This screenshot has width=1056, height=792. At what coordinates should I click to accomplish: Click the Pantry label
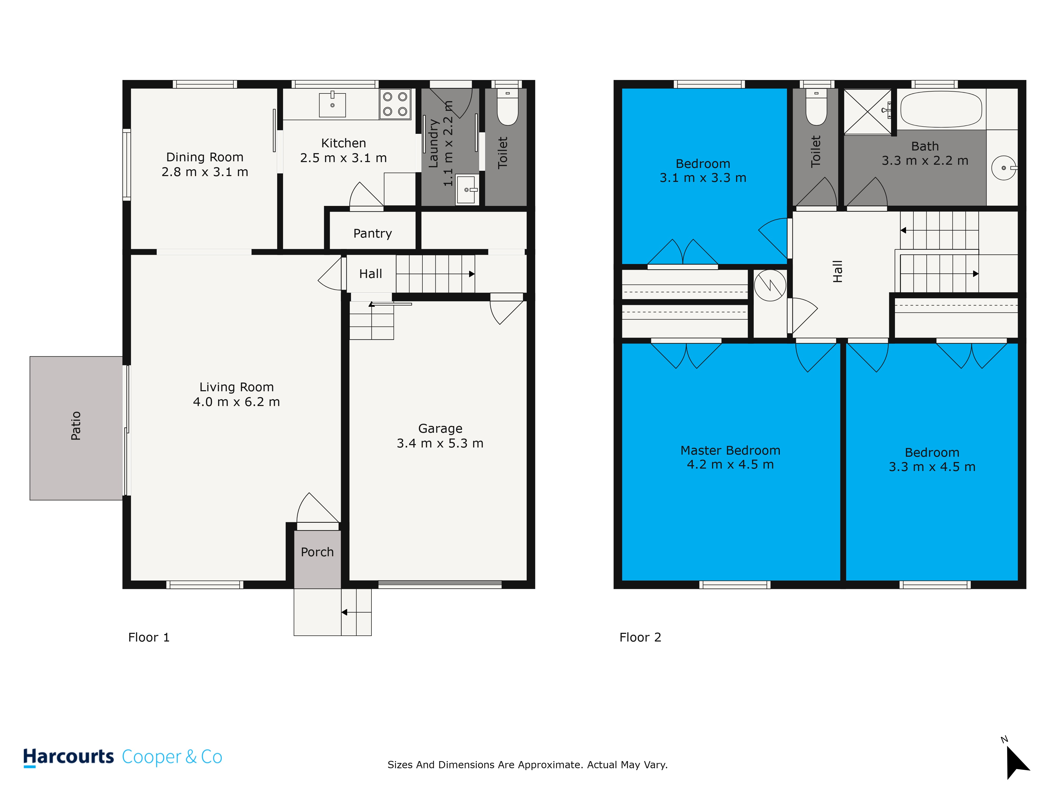[372, 233]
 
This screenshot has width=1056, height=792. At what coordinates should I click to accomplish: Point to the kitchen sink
[332, 105]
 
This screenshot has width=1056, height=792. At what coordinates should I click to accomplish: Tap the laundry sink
[467, 190]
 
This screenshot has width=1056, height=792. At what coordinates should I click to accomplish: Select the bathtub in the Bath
[941, 109]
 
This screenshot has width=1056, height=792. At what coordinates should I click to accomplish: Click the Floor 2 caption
[640, 637]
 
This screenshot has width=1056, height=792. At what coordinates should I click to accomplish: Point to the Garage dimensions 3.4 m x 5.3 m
[440, 444]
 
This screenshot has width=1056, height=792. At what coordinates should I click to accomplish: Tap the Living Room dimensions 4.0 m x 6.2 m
[236, 402]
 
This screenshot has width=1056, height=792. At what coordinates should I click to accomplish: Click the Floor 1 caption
[149, 637]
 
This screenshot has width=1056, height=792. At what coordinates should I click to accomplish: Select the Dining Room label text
[205, 157]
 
